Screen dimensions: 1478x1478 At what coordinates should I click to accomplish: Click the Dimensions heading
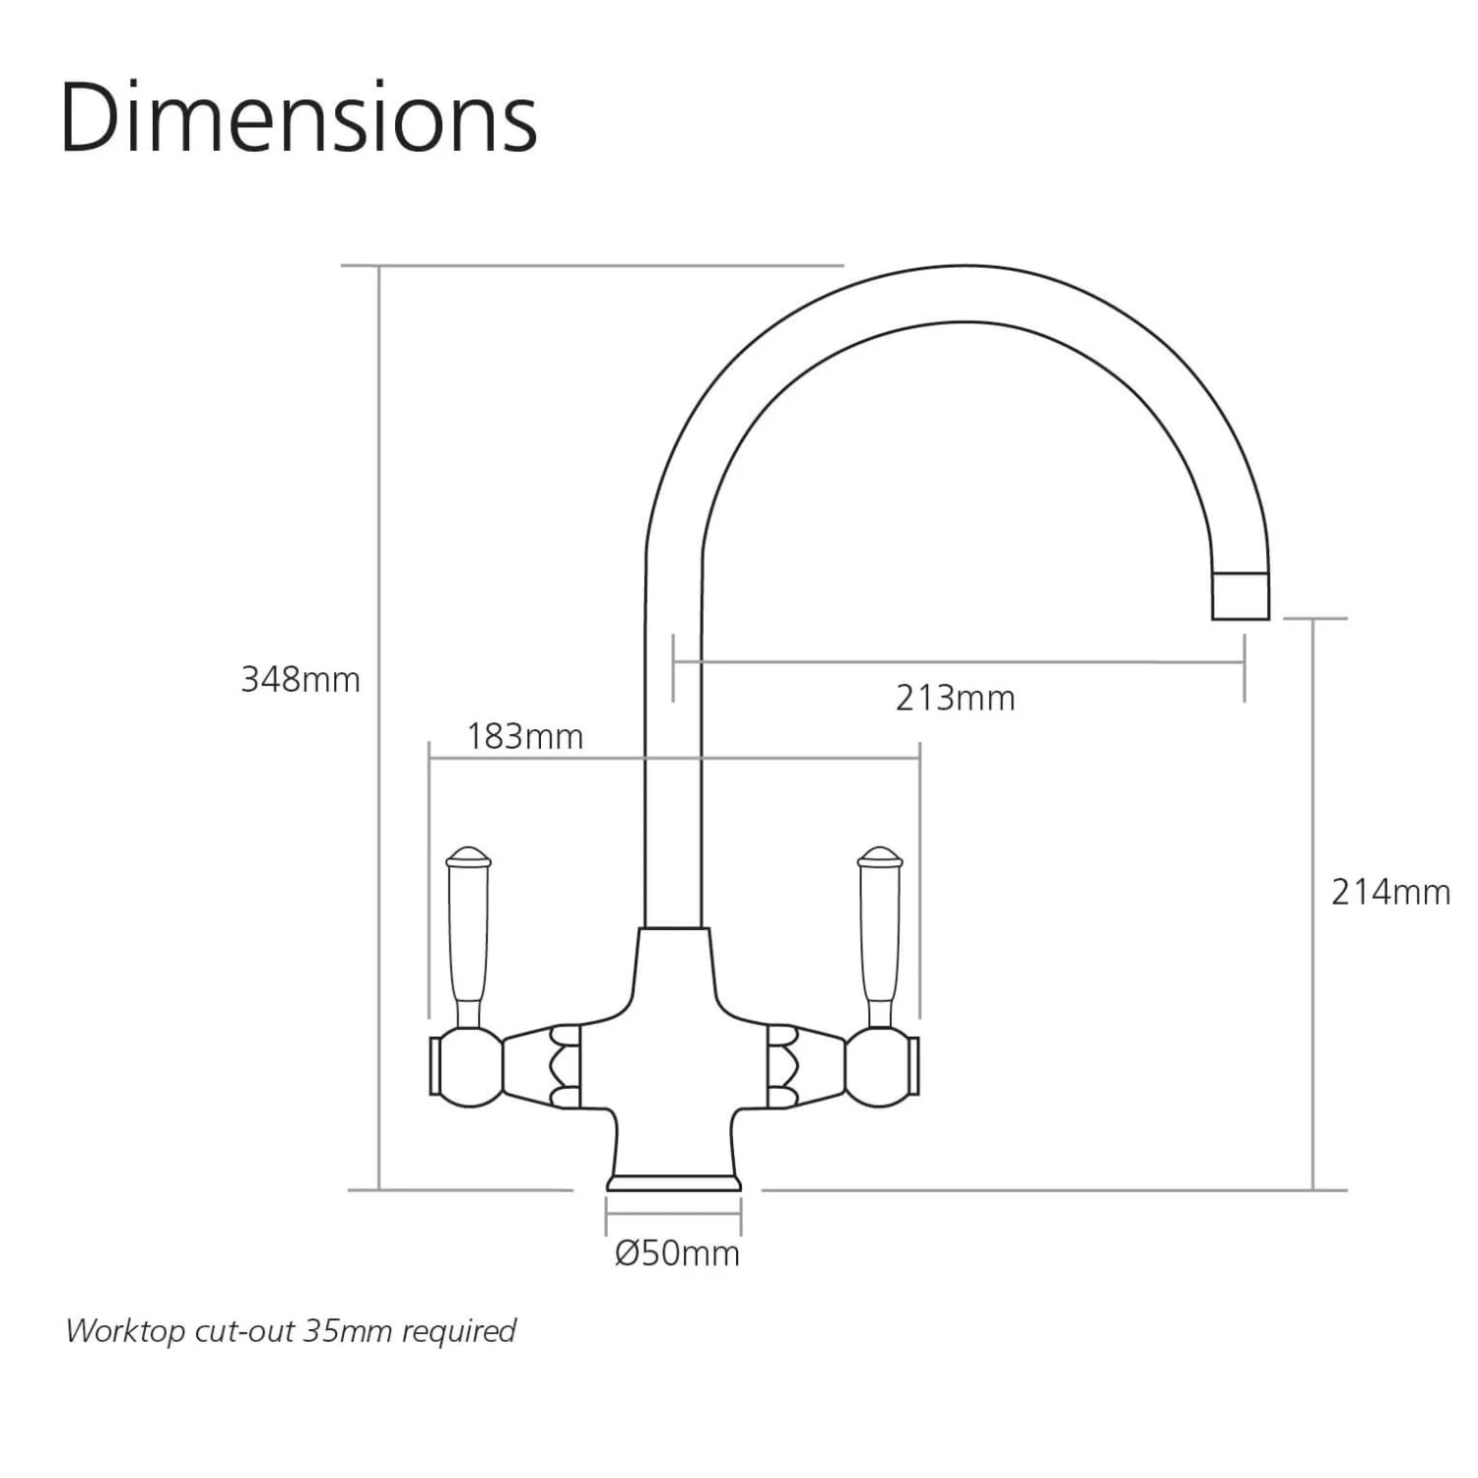(299, 119)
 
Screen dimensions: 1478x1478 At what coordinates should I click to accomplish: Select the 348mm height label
(301, 680)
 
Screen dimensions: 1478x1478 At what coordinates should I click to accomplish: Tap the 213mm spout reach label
(955, 699)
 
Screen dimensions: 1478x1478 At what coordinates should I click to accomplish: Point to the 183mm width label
(524, 737)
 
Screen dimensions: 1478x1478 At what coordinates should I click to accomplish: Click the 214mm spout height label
(1390, 893)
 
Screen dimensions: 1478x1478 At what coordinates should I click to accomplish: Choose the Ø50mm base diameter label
(677, 1254)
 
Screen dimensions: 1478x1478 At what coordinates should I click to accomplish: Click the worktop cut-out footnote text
(291, 1331)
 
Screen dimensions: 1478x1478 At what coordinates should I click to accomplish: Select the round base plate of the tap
(674, 1182)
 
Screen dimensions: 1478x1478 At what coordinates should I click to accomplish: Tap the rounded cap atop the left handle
(468, 855)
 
